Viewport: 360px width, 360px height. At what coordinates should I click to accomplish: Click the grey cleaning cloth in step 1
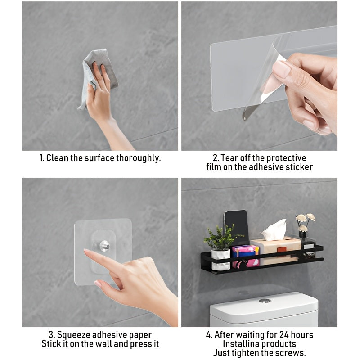tap(101, 73)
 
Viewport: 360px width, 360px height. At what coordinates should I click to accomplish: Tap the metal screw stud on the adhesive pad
tap(104, 246)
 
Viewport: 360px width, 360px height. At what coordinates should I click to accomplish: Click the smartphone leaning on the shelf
tap(236, 227)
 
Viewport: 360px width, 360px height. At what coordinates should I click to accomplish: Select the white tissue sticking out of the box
tap(275, 230)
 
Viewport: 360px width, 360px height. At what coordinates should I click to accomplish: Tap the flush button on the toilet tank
tap(265, 300)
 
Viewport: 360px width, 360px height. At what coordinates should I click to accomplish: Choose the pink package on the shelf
tap(245, 256)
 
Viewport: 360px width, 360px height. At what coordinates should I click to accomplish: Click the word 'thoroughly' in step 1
tap(138, 158)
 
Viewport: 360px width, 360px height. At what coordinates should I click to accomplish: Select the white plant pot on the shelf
tap(221, 260)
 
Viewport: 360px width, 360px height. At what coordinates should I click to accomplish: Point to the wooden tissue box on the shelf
tap(276, 251)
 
